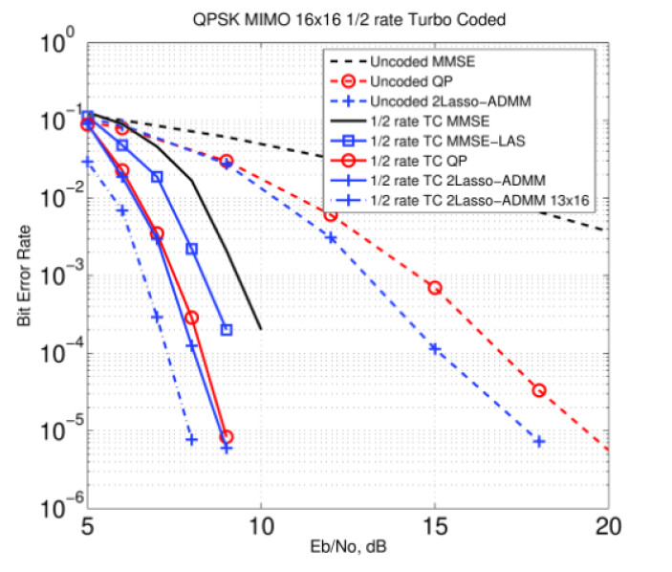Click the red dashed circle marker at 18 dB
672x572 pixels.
coord(539,390)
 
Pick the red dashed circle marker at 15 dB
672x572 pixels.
coord(435,288)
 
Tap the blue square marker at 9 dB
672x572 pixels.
coord(227,330)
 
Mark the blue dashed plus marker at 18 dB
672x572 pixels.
coord(539,442)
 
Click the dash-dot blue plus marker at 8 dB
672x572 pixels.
coord(192,440)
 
